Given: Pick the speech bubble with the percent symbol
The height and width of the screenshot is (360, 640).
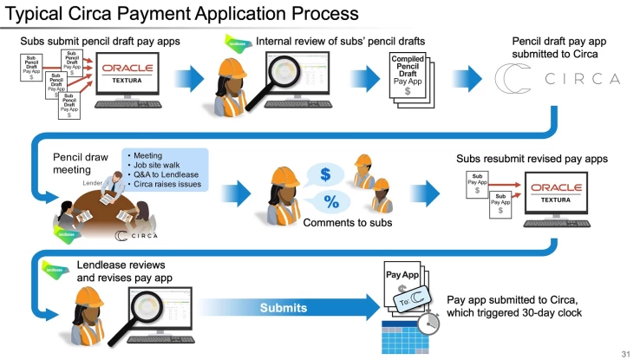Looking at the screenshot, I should [330, 202].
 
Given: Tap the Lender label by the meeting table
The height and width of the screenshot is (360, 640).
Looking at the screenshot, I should [93, 184].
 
